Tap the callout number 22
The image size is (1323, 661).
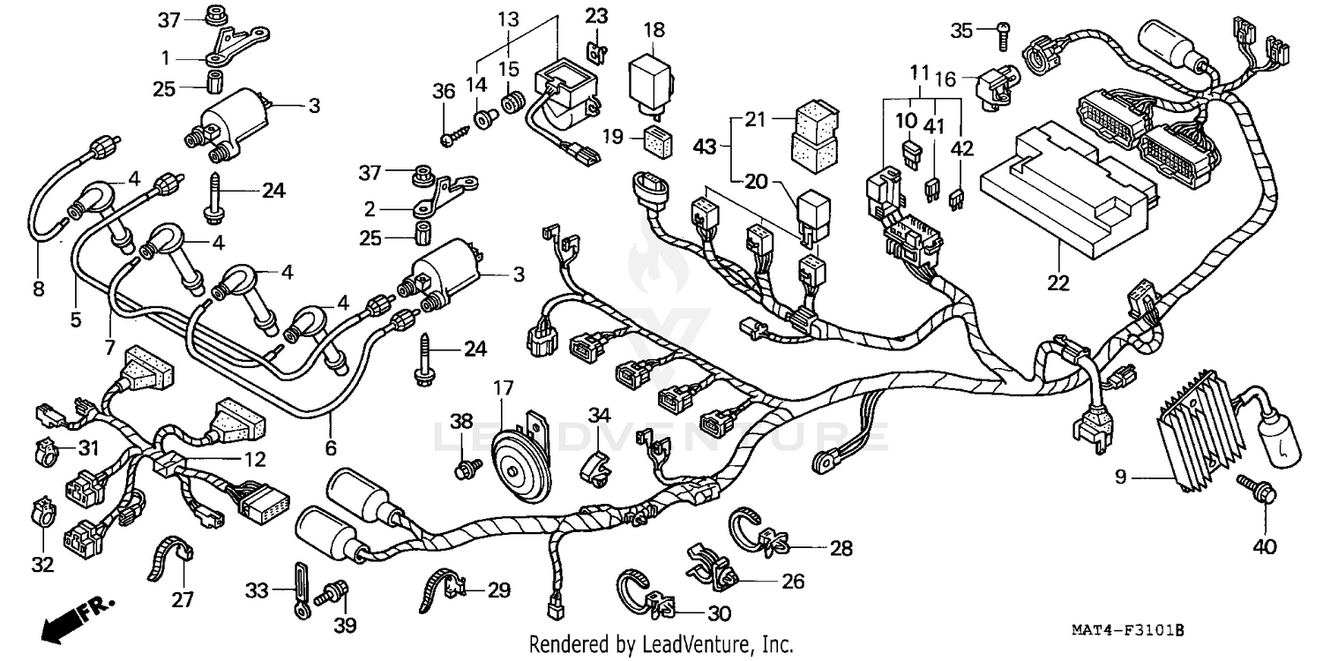coord(1058,283)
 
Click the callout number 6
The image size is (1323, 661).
coord(331,448)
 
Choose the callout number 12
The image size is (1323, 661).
coord(254,459)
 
